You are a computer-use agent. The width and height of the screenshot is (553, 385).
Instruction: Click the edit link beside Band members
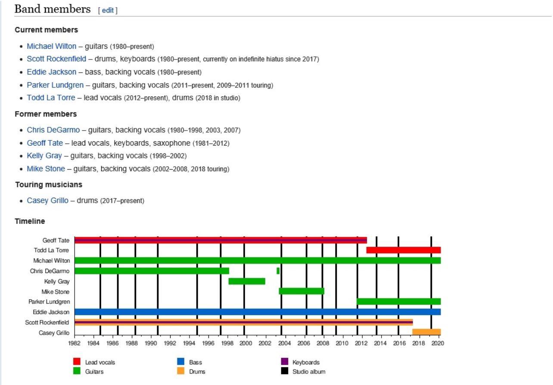[x=108, y=10]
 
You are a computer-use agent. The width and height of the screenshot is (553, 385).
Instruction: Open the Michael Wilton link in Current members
[x=51, y=46]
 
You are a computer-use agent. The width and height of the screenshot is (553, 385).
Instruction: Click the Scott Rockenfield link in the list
[x=56, y=59]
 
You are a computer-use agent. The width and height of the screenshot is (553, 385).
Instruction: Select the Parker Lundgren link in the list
[x=55, y=85]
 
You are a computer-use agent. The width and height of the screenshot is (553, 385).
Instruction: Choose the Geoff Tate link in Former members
[x=45, y=143]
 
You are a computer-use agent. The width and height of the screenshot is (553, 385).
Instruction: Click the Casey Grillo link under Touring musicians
[x=47, y=201]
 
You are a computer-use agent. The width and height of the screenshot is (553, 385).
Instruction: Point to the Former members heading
[x=46, y=114]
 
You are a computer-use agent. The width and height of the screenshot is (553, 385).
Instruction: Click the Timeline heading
[x=30, y=221]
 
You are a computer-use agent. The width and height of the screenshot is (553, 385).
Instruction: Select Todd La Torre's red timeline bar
[x=403, y=250]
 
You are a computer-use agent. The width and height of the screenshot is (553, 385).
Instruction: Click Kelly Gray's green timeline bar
[x=246, y=281]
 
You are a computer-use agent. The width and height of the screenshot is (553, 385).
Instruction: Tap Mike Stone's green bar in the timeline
[x=301, y=291]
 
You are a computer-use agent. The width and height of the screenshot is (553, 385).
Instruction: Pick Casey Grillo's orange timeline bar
[x=426, y=332]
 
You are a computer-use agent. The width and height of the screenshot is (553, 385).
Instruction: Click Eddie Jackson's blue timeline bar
[x=258, y=312]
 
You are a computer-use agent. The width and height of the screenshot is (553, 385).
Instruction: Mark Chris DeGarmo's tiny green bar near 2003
[x=278, y=271]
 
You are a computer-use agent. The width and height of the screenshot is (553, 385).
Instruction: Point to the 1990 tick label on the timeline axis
[x=151, y=343]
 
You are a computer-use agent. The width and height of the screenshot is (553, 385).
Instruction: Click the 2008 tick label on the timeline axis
[x=323, y=343]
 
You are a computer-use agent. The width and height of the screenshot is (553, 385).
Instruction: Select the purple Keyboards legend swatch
[x=284, y=362]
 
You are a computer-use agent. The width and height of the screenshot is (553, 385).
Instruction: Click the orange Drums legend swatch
[x=181, y=371]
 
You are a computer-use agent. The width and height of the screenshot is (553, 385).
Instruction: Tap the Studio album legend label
[x=309, y=371]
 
